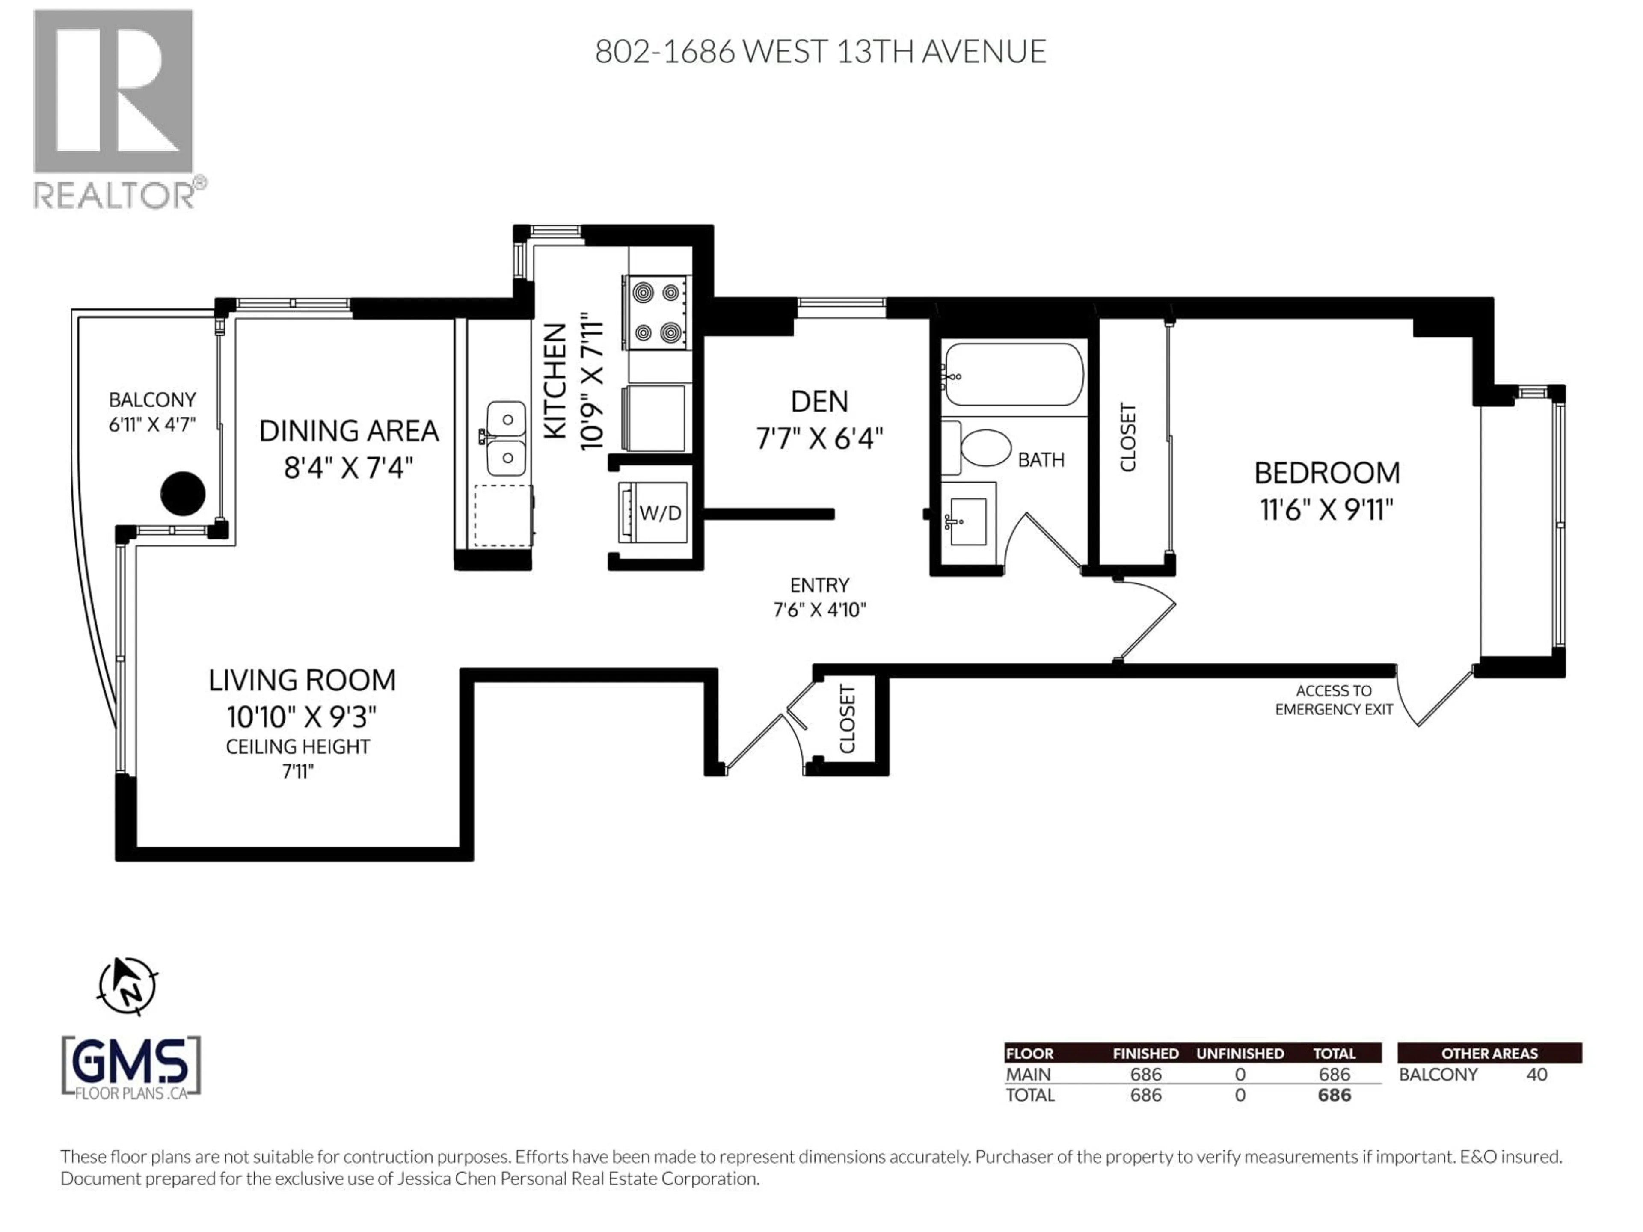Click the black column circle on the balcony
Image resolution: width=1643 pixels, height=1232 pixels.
click(183, 494)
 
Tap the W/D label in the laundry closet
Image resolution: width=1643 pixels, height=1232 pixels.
click(660, 513)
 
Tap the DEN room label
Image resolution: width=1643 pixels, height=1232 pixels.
click(819, 402)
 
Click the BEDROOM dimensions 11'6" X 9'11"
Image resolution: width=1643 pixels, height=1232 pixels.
click(1326, 510)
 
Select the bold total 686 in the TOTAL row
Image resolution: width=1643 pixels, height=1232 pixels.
click(1334, 1096)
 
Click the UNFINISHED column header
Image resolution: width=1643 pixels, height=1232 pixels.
click(1240, 1054)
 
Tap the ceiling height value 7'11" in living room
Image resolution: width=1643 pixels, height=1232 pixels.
click(298, 772)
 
